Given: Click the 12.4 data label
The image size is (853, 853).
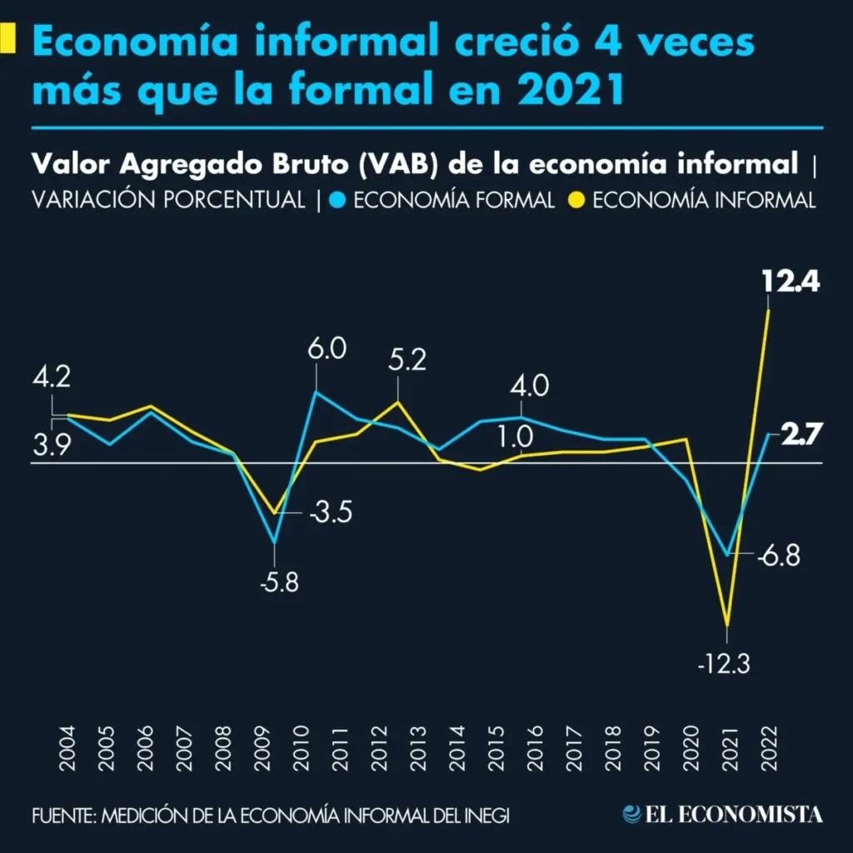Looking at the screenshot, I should (x=791, y=283).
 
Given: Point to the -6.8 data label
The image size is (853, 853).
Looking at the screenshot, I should (x=779, y=556).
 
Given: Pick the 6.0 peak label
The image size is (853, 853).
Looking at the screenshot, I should (x=326, y=348).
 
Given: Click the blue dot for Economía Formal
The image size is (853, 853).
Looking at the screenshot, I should (x=337, y=201).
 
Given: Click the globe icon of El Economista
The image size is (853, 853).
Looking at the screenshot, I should (x=633, y=814).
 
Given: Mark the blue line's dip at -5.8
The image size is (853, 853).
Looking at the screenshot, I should (x=275, y=543).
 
